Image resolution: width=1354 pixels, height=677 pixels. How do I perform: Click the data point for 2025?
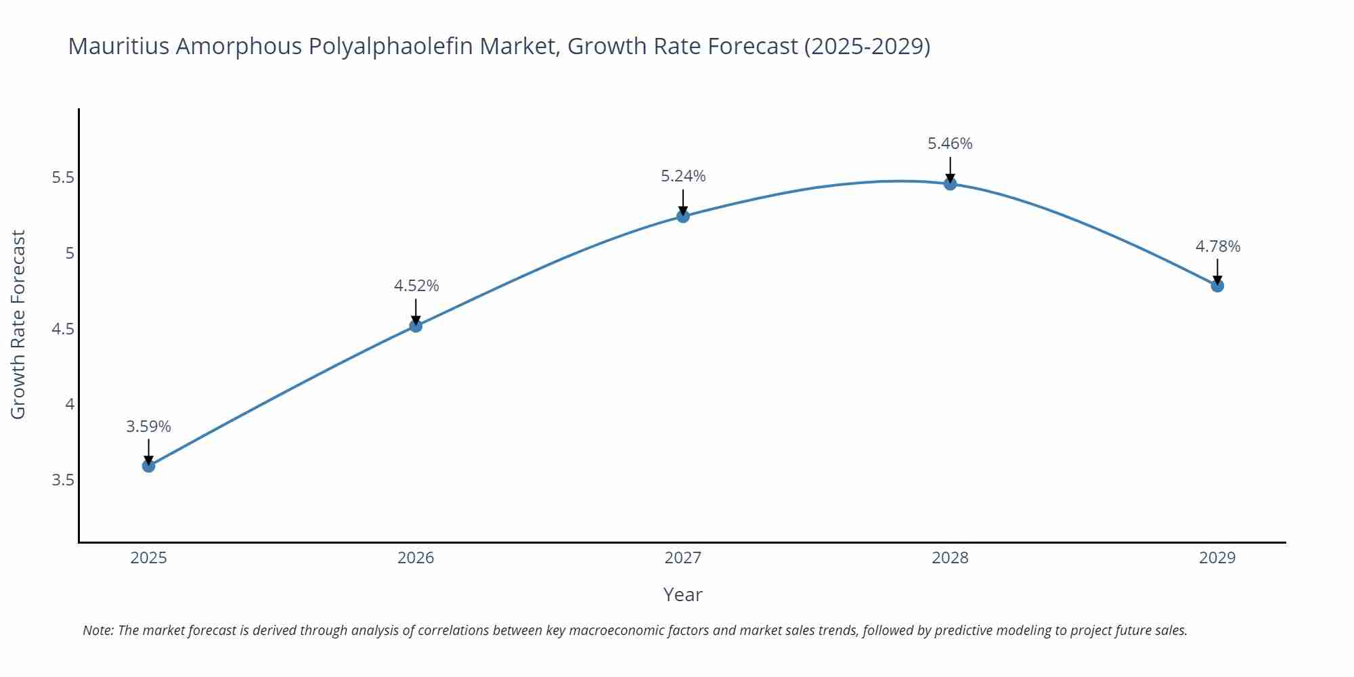click(149, 466)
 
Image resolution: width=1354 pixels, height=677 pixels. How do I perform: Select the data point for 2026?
click(416, 326)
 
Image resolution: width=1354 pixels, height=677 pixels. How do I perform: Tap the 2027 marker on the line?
click(683, 217)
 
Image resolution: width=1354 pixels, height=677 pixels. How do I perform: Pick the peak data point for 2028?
click(950, 183)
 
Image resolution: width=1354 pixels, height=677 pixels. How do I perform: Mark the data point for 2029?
click(1217, 286)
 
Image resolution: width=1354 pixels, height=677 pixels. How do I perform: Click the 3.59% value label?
click(149, 427)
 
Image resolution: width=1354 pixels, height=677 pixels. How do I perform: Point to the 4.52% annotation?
click(416, 286)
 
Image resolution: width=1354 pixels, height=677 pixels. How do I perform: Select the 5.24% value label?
click(683, 176)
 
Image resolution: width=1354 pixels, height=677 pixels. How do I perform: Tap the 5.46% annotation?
click(950, 144)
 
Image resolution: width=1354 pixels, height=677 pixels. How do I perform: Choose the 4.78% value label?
click(1218, 246)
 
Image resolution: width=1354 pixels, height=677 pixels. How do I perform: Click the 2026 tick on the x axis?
click(416, 558)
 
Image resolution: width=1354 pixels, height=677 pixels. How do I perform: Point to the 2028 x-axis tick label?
click(950, 558)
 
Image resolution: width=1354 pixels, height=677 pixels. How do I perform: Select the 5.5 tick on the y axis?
click(62, 178)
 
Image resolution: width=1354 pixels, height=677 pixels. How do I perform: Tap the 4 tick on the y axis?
click(69, 404)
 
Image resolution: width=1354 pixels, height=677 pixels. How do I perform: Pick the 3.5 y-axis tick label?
click(62, 480)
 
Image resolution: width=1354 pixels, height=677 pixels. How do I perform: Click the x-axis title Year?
click(682, 594)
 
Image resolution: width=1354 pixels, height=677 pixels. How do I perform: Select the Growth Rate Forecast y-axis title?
click(18, 324)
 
